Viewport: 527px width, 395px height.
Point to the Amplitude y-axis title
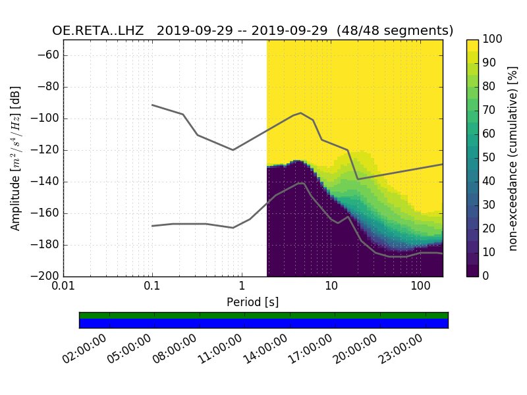click(x=16, y=158)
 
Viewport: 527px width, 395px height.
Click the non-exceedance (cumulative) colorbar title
click(x=513, y=158)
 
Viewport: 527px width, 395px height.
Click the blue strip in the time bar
click(x=263, y=323)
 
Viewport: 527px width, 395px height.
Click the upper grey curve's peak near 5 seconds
click(x=300, y=113)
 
